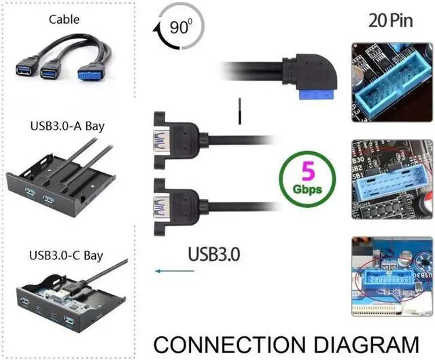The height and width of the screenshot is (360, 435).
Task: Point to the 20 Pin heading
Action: click(x=390, y=20)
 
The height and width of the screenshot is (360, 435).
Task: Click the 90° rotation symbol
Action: click(x=178, y=29)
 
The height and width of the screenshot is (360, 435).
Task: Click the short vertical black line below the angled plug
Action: click(x=239, y=112)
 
